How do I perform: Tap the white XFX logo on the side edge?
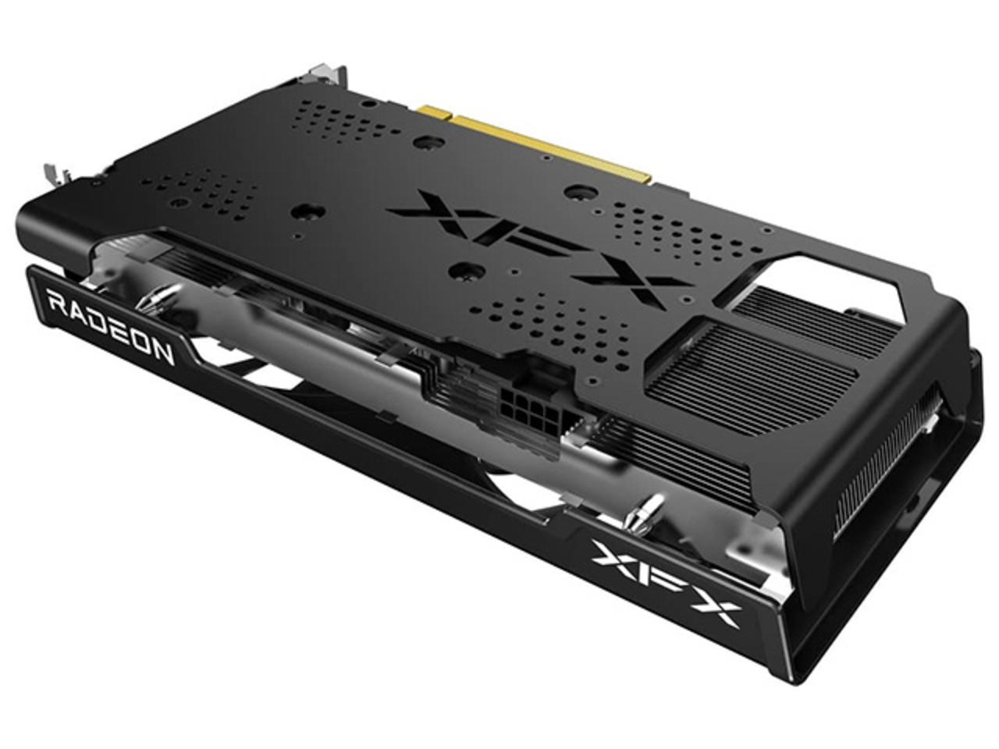pyautogui.click(x=667, y=577)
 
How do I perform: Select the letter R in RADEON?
pyautogui.click(x=57, y=301)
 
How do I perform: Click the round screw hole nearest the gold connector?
pyautogui.click(x=426, y=143)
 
